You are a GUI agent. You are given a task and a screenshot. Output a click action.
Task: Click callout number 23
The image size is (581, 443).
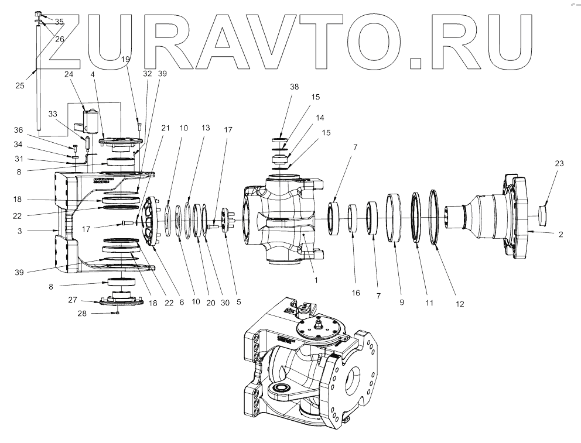coord(559,164)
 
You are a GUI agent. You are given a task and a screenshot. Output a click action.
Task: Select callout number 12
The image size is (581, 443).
coord(460,304)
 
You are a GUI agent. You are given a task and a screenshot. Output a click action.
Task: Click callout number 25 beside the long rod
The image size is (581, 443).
coord(20,85)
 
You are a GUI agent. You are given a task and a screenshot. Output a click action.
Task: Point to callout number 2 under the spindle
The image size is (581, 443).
coord(561,234)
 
